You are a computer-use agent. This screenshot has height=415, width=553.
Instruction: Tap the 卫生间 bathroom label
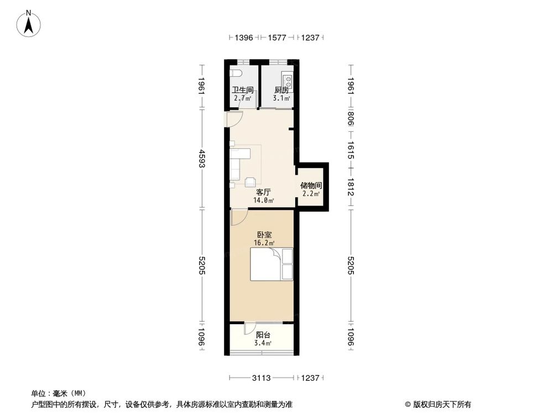coord(242,90)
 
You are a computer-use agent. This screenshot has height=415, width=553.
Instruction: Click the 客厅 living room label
coord(263,192)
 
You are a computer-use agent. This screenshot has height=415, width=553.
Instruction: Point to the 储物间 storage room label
coord(311,186)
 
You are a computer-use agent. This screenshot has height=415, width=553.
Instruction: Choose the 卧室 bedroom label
coord(263,234)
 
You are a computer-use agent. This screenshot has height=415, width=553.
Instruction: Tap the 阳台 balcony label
coord(263,335)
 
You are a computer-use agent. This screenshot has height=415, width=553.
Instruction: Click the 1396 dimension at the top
coord(243,38)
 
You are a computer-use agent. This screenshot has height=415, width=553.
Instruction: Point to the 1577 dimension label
coord(276,38)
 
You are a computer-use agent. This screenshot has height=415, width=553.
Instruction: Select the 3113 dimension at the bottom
coord(261,378)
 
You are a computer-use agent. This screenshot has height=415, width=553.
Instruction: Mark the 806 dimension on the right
coord(351,120)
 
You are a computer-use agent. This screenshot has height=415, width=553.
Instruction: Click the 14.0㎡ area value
coord(263,200)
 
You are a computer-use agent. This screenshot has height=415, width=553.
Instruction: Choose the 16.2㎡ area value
coord(263,242)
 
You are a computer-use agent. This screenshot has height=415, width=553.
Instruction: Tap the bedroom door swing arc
coord(239,218)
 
